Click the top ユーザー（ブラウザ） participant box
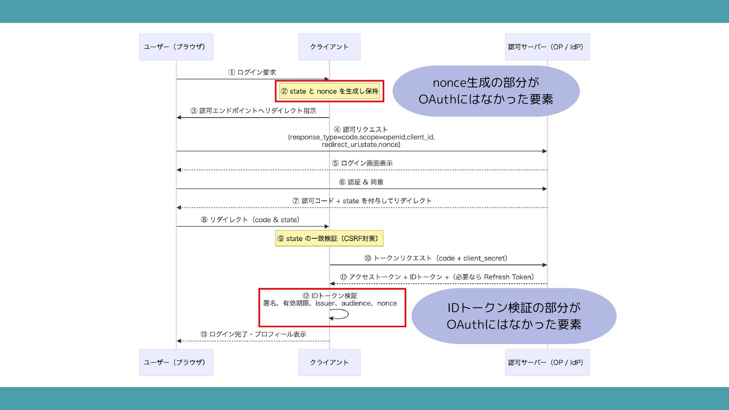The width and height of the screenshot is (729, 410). tap(176, 47)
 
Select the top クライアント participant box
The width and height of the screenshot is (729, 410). tap(329, 47)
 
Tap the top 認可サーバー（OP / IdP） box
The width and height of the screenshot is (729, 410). tap(547, 47)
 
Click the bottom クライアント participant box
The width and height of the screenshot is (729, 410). tap(329, 363)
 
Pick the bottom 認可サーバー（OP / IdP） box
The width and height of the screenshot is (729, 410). tap(547, 363)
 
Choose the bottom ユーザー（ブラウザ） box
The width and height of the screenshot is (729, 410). tap(176, 363)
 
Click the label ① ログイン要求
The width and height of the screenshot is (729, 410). tap(252, 72)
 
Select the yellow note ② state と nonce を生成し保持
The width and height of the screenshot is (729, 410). tap(329, 91)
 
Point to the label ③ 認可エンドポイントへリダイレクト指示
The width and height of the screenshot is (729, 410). tap(253, 110)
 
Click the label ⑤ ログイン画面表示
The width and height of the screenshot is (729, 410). tap(362, 163)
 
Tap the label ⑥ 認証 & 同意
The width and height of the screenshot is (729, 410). tap(361, 182)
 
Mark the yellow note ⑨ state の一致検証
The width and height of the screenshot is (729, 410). tap(329, 238)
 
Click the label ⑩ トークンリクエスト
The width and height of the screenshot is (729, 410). tap(436, 258)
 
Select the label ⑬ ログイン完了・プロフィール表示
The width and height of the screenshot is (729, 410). tap(253, 334)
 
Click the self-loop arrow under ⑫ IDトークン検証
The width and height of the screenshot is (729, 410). tap(340, 314)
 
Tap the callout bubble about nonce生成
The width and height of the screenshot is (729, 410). tap(486, 91)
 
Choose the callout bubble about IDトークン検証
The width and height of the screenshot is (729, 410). tap(514, 316)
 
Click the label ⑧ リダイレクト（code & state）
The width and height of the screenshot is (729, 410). tap(250, 220)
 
